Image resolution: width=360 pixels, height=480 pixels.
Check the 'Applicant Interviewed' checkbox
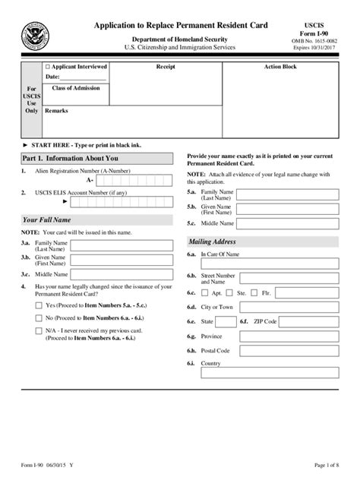(49, 67)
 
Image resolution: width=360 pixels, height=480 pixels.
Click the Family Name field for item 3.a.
(124, 245)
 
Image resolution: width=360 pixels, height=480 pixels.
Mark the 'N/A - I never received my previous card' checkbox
(39, 331)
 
